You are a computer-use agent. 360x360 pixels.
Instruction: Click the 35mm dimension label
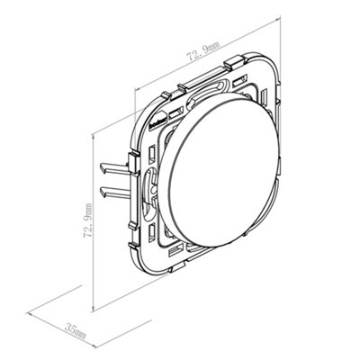[76, 330]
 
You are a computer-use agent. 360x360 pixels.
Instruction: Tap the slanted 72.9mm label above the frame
[203, 51]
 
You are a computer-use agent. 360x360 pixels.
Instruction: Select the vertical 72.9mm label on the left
[87, 220]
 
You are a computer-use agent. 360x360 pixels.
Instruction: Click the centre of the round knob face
[219, 170]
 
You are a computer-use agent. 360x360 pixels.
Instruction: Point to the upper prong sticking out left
[114, 167]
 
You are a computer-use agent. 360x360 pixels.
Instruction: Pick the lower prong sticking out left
[115, 192]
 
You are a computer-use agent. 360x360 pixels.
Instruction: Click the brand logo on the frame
[157, 120]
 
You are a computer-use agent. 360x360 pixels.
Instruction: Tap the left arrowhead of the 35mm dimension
[29, 313]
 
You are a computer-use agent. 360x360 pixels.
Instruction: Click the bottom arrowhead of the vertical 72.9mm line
[94, 308]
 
